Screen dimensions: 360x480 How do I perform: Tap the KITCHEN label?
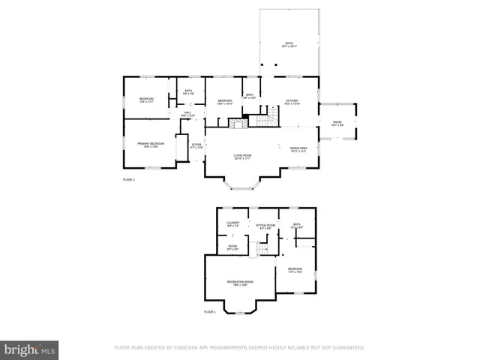tap(292, 101)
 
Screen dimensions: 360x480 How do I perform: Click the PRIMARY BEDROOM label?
tap(150, 144)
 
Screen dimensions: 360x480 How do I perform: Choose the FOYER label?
tap(196, 145)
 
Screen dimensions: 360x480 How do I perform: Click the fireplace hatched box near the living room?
tap(238, 124)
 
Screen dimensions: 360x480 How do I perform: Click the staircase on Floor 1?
tap(262, 249)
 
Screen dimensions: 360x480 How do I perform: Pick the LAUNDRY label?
tap(232, 223)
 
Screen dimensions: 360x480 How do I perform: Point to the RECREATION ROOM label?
tap(240, 283)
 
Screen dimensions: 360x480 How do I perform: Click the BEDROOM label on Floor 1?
tap(295, 269)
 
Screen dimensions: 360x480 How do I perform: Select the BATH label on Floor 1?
tap(296, 224)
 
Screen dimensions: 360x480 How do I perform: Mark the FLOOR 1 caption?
tap(210, 311)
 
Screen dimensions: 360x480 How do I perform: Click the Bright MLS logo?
tap(30, 349)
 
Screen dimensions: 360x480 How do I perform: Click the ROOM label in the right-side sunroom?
tap(337, 123)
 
